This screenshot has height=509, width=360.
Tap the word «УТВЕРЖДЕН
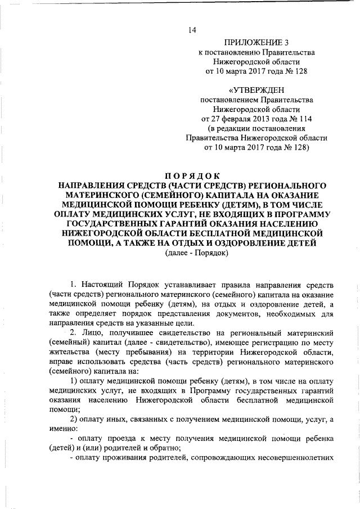(256, 90)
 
